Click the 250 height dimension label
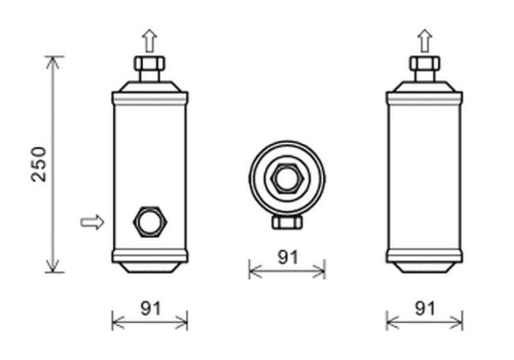(x=39, y=164)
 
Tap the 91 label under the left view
(x=151, y=308)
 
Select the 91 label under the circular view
(x=288, y=257)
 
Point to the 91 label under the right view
(x=425, y=308)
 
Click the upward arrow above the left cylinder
(x=149, y=41)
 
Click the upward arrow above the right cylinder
(x=425, y=41)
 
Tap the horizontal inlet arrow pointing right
(x=93, y=222)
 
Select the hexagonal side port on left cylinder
(x=150, y=222)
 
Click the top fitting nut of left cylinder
(x=149, y=64)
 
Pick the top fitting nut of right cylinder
(x=425, y=64)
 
